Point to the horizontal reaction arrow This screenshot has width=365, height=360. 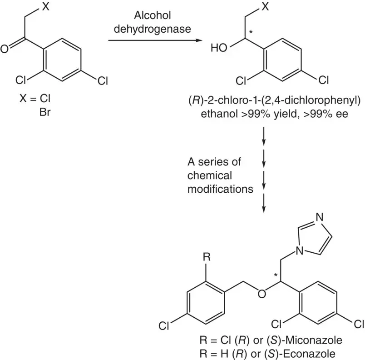[155, 41]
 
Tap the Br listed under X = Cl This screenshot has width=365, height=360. [44, 110]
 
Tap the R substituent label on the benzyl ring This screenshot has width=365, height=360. [207, 257]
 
